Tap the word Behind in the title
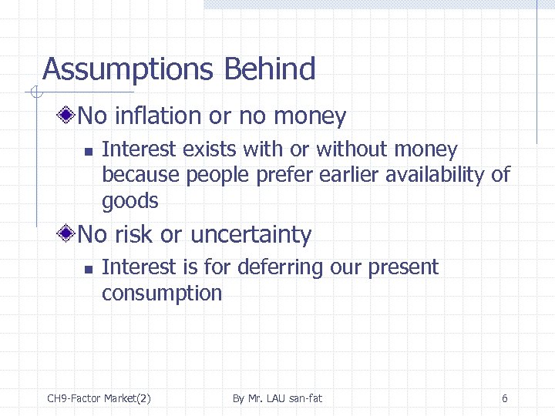[270, 69]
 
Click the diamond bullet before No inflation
[68, 116]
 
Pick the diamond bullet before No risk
[68, 234]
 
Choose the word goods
[130, 202]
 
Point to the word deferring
[280, 267]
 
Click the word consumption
[162, 294]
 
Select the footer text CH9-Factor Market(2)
[99, 398]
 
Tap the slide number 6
[504, 398]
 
